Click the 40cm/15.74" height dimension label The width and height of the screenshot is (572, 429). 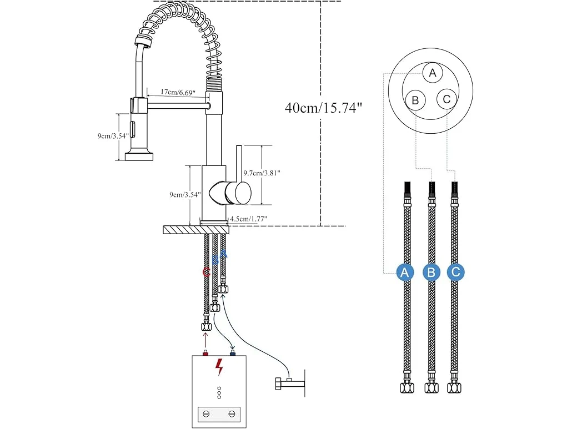[323, 107]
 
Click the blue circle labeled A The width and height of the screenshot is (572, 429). [405, 272]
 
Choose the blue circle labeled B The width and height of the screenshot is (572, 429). [431, 272]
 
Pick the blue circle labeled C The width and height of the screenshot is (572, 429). [456, 272]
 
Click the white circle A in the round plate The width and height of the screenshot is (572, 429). [433, 73]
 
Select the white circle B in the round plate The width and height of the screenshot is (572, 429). [415, 100]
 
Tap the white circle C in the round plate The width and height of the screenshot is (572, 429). [447, 99]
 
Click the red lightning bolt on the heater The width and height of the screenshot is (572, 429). [219, 367]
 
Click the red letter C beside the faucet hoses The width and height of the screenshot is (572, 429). [206, 272]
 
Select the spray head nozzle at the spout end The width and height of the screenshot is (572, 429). [139, 155]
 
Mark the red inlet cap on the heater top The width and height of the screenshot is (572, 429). [206, 352]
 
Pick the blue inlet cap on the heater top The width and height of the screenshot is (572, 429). [233, 352]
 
